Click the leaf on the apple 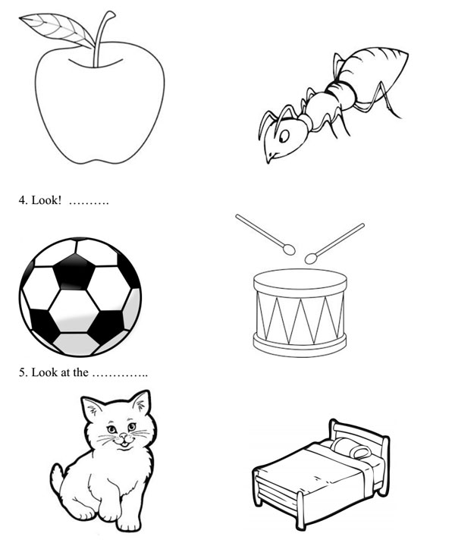pyautogui.click(x=56, y=30)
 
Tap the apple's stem pyautogui.click(x=101, y=39)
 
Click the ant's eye pyautogui.click(x=284, y=136)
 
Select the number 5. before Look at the pyautogui.click(x=23, y=372)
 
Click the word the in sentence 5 pyautogui.click(x=80, y=372)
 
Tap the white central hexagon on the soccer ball pyautogui.click(x=74, y=311)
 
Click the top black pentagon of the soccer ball pyautogui.click(x=74, y=271)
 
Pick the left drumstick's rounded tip pyautogui.click(x=289, y=249)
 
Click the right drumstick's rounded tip pyautogui.click(x=311, y=259)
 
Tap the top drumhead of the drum pyautogui.click(x=300, y=279)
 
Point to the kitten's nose pyautogui.click(x=124, y=436)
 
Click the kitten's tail pyautogui.click(x=58, y=480)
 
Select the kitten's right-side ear pyautogui.click(x=141, y=403)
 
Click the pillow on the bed pyautogui.click(x=350, y=448)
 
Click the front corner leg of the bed pyautogui.click(x=300, y=510)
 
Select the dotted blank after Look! pyautogui.click(x=89, y=203)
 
